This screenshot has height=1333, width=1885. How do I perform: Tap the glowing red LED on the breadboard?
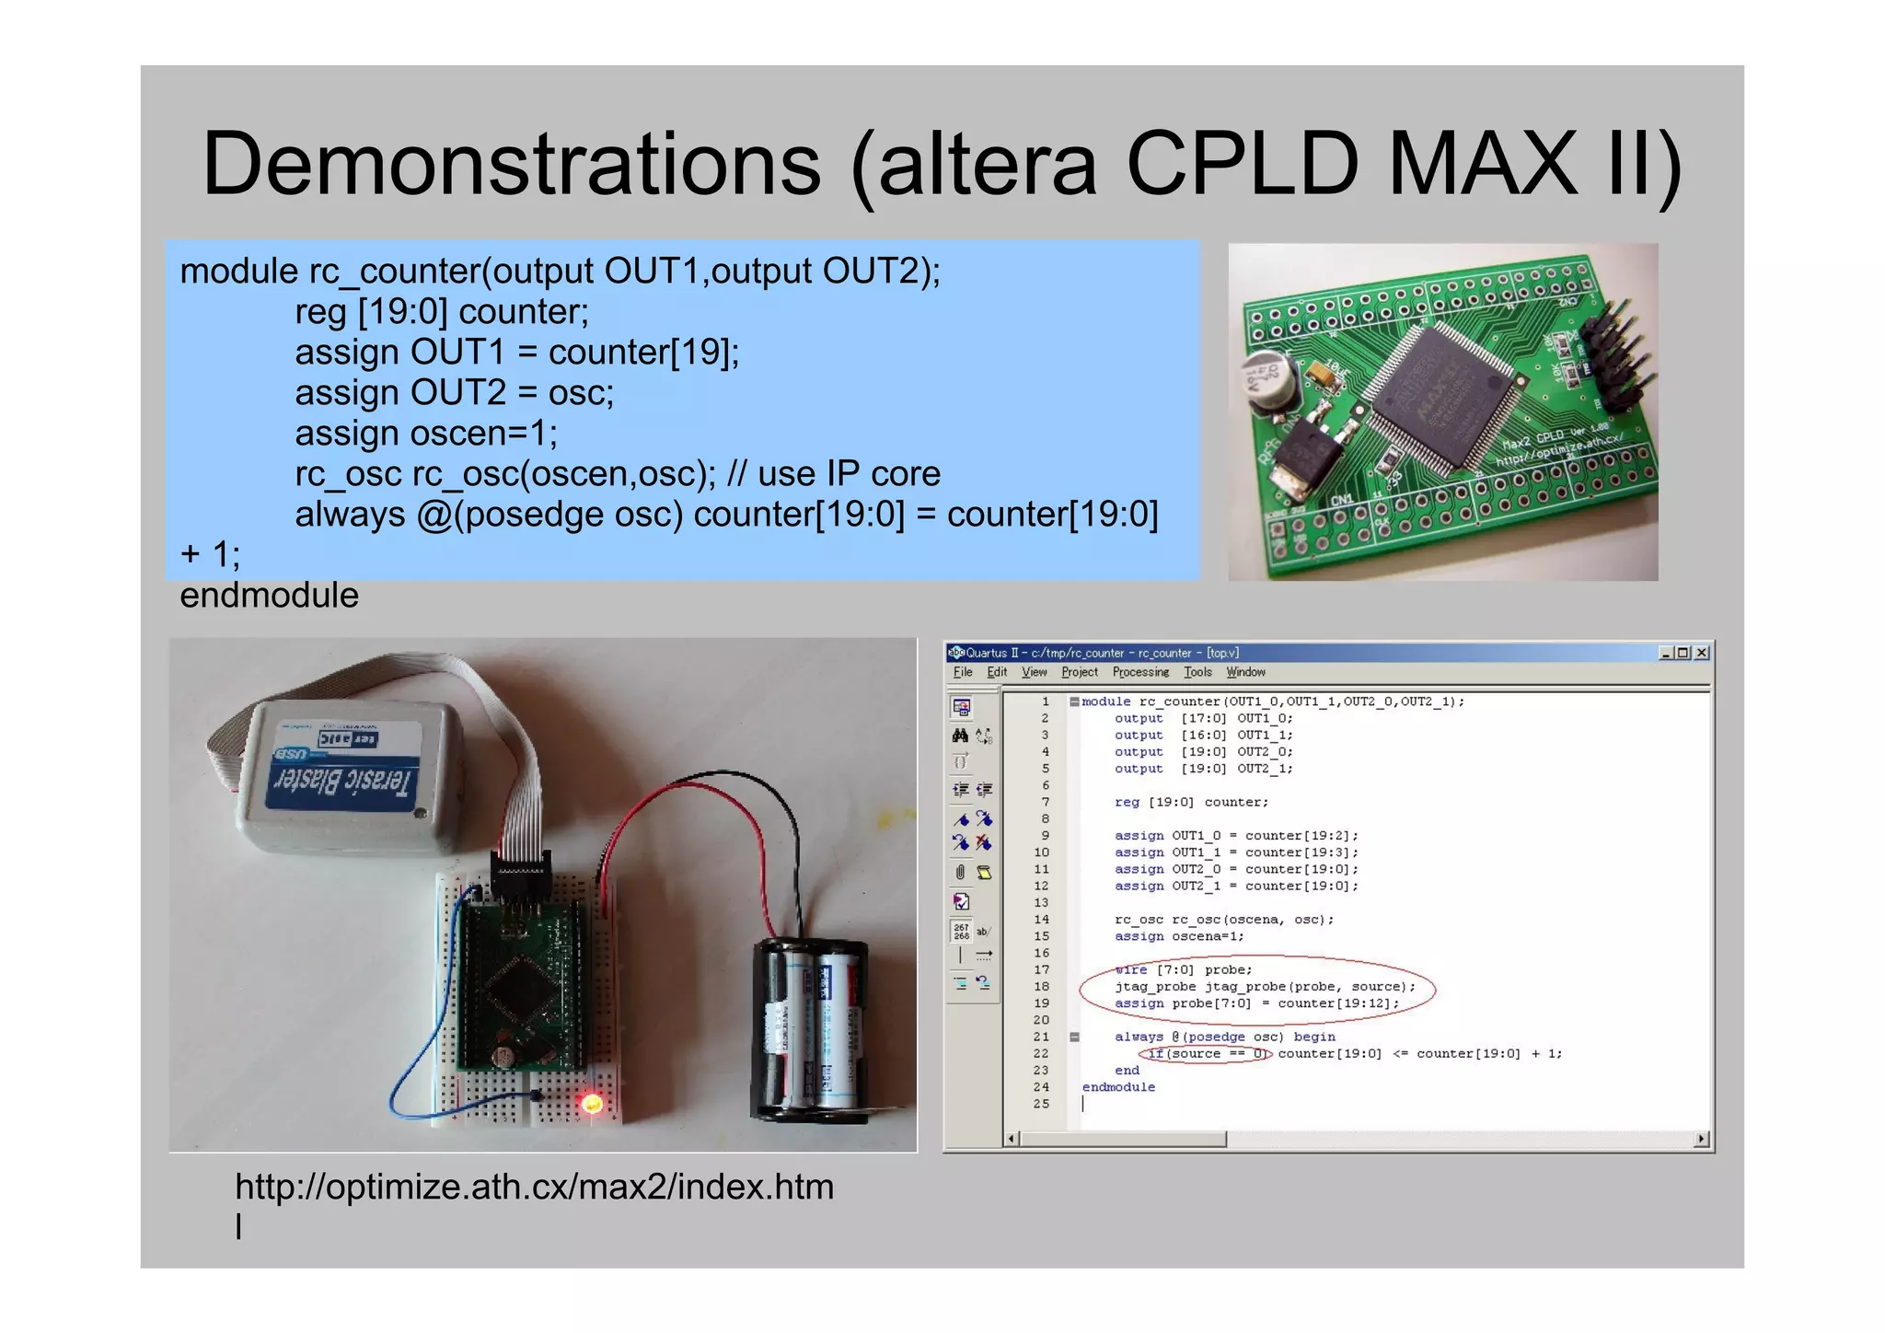[x=592, y=1103]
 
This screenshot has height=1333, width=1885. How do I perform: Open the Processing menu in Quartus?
[x=1140, y=672]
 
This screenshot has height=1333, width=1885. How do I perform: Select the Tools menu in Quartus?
[x=1197, y=672]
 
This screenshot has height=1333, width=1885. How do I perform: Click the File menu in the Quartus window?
[x=963, y=672]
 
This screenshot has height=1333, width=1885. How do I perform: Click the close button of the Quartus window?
[x=1702, y=653]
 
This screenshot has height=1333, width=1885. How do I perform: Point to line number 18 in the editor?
[x=1041, y=987]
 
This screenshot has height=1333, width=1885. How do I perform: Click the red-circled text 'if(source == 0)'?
[x=1207, y=1054]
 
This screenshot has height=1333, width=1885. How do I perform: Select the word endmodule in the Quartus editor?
[x=1118, y=1087]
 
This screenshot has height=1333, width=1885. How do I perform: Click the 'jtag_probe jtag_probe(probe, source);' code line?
[x=1265, y=987]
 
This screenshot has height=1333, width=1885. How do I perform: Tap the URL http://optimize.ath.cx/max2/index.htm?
[x=534, y=1188]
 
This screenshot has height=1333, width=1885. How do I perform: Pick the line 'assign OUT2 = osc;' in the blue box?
[x=454, y=393]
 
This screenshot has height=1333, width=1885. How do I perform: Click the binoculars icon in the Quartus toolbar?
[x=960, y=736]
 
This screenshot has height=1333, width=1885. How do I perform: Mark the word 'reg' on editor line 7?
[x=1127, y=803]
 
